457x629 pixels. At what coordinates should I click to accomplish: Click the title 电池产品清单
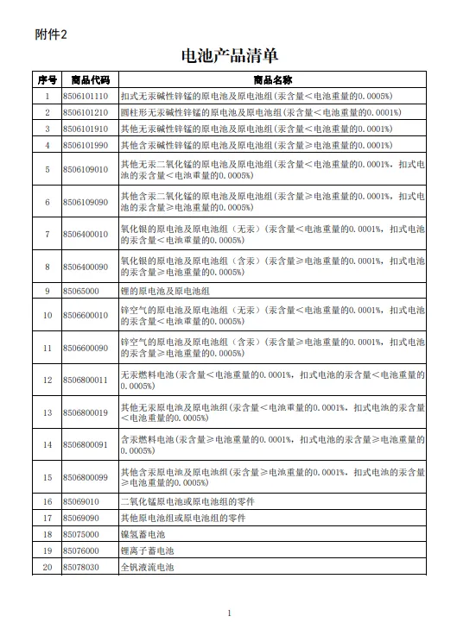pyautogui.click(x=230, y=56)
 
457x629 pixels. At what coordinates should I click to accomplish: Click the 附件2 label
pyautogui.click(x=50, y=34)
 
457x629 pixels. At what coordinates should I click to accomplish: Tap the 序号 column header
pyautogui.click(x=47, y=79)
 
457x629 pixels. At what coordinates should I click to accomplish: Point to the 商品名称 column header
pyautogui.click(x=273, y=79)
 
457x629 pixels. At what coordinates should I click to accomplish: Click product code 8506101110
pyautogui.click(x=86, y=96)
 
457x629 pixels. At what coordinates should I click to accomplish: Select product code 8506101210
pyautogui.click(x=86, y=112)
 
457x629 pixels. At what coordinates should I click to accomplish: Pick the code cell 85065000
pyautogui.click(x=80, y=291)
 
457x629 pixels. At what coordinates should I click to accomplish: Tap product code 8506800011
pyautogui.click(x=86, y=380)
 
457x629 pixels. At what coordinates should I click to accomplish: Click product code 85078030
pyautogui.click(x=80, y=567)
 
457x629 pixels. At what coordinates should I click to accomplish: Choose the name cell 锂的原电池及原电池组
pyautogui.click(x=165, y=291)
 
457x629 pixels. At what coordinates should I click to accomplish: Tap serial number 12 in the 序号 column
pyautogui.click(x=47, y=380)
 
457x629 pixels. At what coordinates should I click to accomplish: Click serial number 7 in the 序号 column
pyautogui.click(x=47, y=234)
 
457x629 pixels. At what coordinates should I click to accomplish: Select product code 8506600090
pyautogui.click(x=86, y=348)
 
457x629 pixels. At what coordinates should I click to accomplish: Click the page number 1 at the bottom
pyautogui.click(x=229, y=613)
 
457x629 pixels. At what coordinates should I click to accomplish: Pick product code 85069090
pyautogui.click(x=80, y=518)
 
